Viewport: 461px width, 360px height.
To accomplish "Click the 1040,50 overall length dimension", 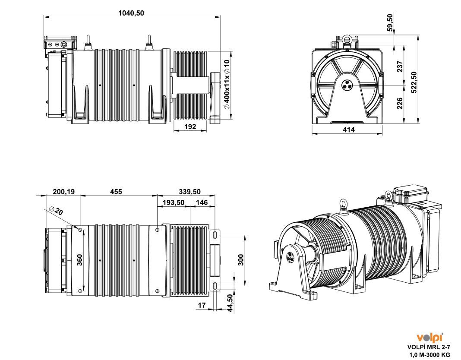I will click(x=131, y=13).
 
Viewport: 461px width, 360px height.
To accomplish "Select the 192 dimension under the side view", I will click(x=190, y=126).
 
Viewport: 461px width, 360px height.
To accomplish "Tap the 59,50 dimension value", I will click(x=390, y=22).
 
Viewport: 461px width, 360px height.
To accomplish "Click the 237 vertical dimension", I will click(x=400, y=66).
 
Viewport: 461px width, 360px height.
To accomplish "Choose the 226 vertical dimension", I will click(x=400, y=103).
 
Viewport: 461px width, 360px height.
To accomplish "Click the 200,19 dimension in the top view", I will click(x=63, y=191).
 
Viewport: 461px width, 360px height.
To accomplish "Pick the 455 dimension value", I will click(x=116, y=191).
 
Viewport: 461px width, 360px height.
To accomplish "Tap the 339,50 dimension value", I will click(x=189, y=191).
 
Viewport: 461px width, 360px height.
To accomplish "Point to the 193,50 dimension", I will click(x=174, y=202).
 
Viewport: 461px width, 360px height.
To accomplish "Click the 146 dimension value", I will click(x=202, y=202).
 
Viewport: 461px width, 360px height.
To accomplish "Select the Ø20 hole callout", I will click(x=56, y=211).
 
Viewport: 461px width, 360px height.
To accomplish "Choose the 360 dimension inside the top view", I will click(x=80, y=259).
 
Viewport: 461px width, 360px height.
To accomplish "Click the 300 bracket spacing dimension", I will click(x=241, y=259).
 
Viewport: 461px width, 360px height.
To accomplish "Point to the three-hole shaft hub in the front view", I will click(x=347, y=85).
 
